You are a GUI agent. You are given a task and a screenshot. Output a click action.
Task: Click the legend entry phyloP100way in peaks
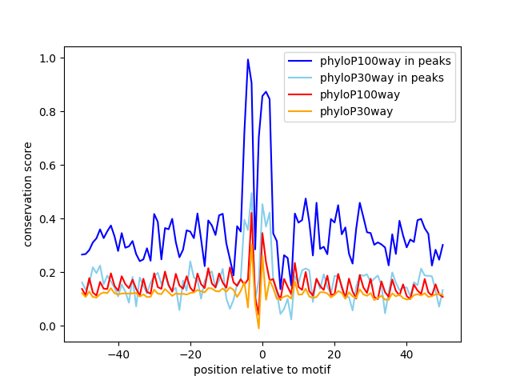(x=386, y=61)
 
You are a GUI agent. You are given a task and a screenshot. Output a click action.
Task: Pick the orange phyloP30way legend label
(x=356, y=111)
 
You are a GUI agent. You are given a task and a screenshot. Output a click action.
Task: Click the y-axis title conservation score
(x=28, y=194)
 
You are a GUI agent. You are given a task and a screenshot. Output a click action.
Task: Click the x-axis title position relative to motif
(x=262, y=370)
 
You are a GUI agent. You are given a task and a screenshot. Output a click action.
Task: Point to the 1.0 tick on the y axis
(x=48, y=58)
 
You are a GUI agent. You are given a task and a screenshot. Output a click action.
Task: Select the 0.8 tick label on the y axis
(x=48, y=112)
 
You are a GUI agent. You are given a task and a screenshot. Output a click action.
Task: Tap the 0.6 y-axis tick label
(x=48, y=166)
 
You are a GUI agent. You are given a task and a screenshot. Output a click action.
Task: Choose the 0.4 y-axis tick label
(x=48, y=219)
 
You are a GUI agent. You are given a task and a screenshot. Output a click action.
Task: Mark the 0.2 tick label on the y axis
(x=48, y=273)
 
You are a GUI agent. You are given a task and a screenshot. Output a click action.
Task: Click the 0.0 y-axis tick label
(x=48, y=326)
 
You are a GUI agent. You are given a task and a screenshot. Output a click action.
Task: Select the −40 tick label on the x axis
(x=118, y=354)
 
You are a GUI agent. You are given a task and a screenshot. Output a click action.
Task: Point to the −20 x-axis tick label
(x=190, y=354)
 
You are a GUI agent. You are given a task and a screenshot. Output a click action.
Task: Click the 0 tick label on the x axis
(x=262, y=354)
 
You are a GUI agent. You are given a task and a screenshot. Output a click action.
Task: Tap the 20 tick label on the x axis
(x=334, y=354)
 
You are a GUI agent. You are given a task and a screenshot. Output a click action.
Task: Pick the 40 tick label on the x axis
(x=406, y=354)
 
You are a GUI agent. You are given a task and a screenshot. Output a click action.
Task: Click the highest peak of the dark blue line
(x=248, y=59)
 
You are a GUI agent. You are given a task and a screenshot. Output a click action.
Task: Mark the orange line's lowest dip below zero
(x=258, y=328)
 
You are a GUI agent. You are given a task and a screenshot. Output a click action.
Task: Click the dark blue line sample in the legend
(x=302, y=61)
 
